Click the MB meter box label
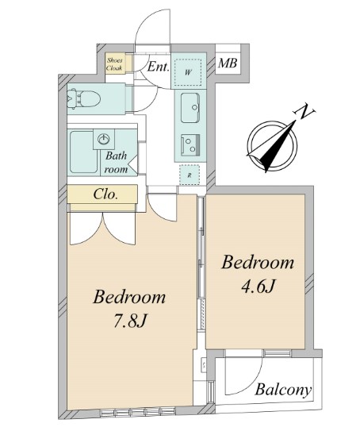click(x=228, y=63)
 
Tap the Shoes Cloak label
click(x=114, y=64)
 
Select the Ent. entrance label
click(x=158, y=67)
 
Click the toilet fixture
click(x=83, y=98)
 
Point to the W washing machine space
click(x=188, y=72)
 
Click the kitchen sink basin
click(x=190, y=108)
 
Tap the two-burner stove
click(x=190, y=145)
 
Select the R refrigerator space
click(x=190, y=175)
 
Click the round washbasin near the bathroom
click(x=104, y=140)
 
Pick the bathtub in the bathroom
click(x=84, y=152)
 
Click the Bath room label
click(x=117, y=163)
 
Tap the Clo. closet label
click(x=105, y=194)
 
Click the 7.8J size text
click(x=130, y=321)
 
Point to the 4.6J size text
click(x=258, y=287)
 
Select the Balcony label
click(x=283, y=390)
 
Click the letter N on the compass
click(x=304, y=111)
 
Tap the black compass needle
click(x=277, y=148)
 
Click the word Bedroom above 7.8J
click(x=129, y=297)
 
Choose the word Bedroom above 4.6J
click(x=258, y=263)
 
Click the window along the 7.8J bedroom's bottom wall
click(x=137, y=411)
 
